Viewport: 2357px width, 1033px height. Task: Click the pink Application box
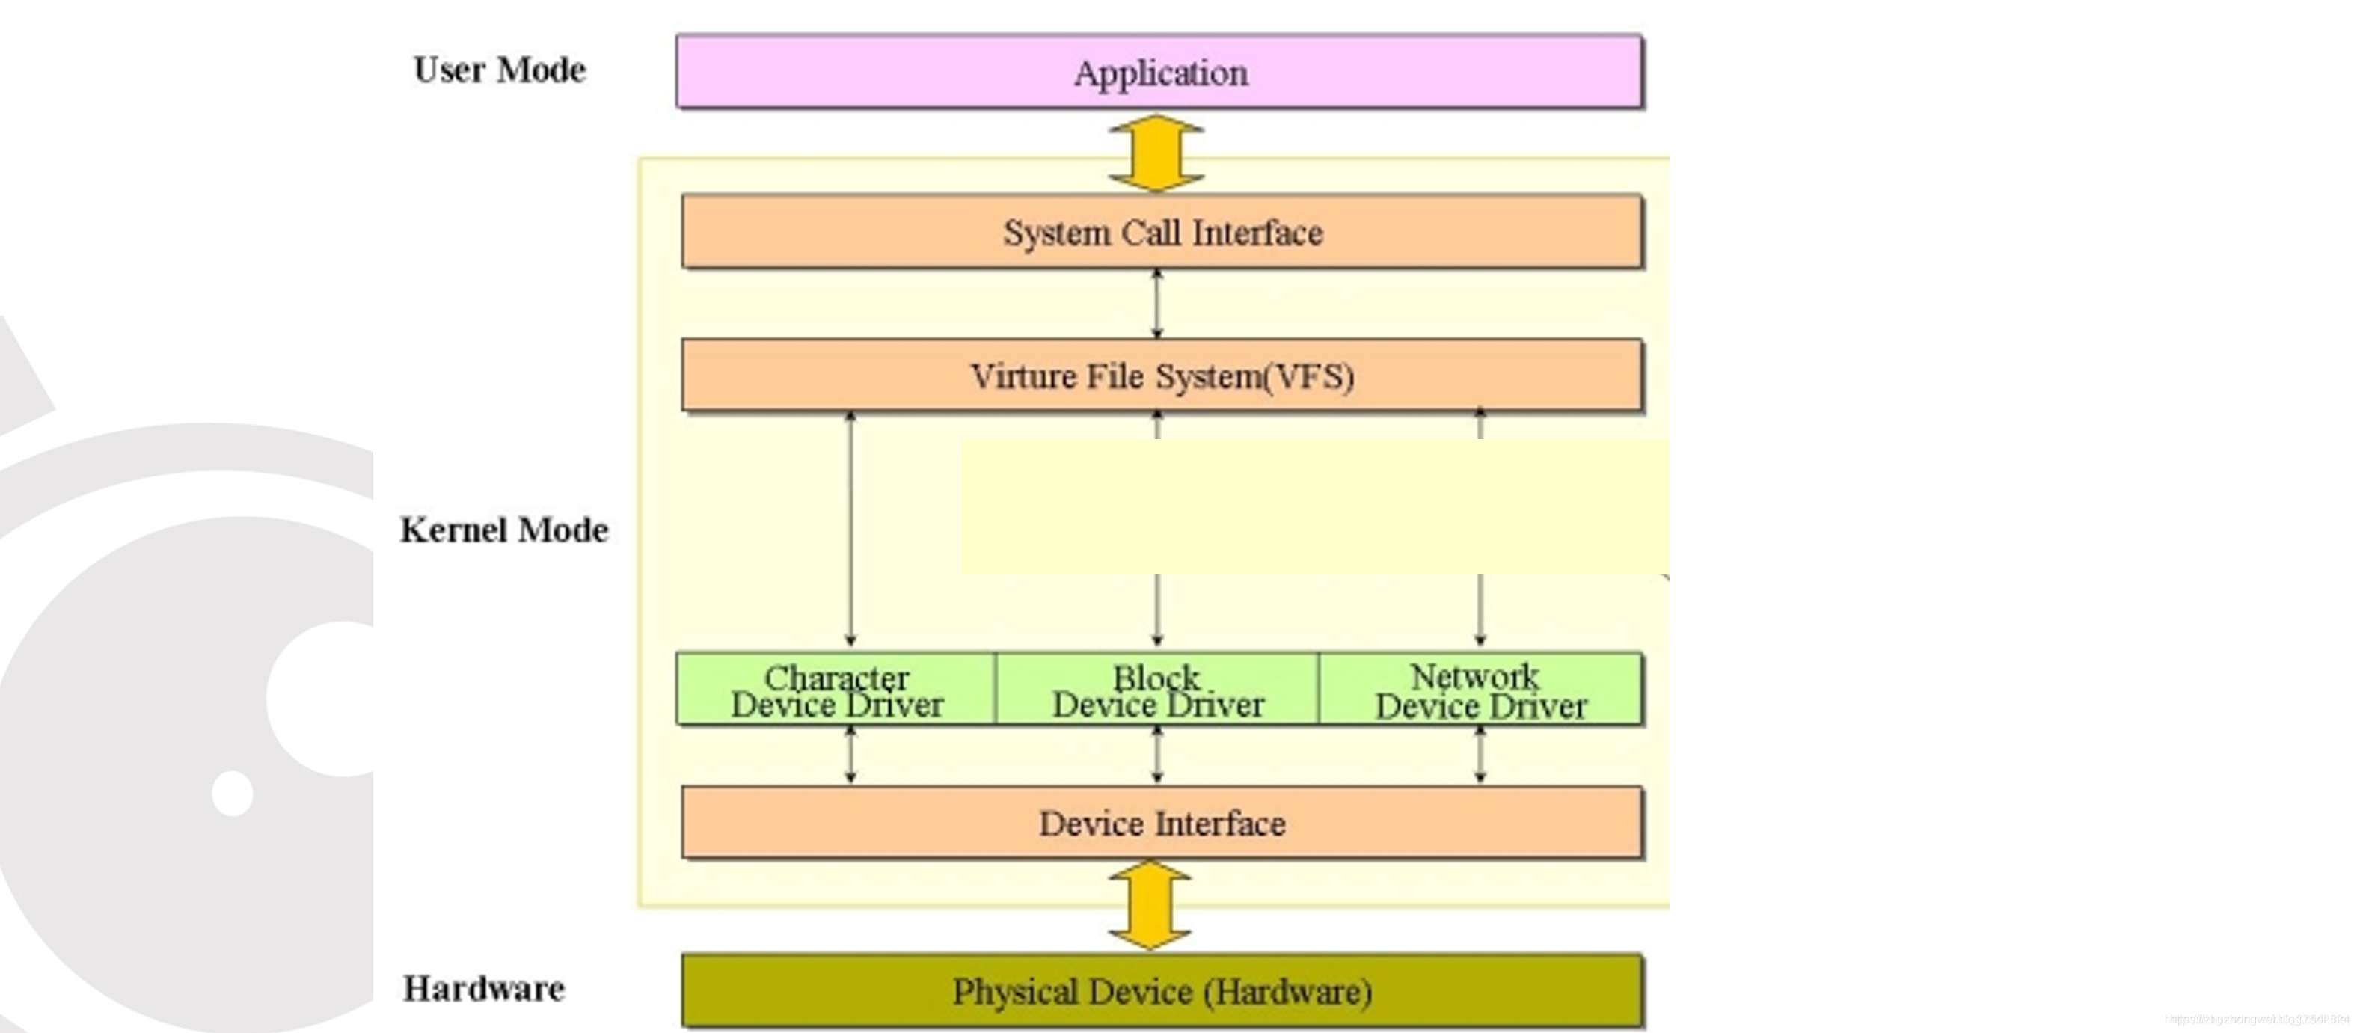pyautogui.click(x=1159, y=73)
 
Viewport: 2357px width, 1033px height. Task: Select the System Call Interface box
pyautogui.click(x=1162, y=231)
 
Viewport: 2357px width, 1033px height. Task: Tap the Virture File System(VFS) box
pyautogui.click(x=1162, y=376)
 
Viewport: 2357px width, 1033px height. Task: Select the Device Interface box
pyautogui.click(x=1162, y=824)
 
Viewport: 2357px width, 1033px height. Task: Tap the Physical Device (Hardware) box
pyautogui.click(x=1162, y=992)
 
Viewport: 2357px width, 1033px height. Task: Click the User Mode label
pyautogui.click(x=500, y=70)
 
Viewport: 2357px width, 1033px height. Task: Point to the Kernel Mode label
pyautogui.click(x=504, y=530)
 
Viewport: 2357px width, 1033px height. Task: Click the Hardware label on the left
pyautogui.click(x=484, y=988)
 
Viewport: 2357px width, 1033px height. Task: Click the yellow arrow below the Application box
pyautogui.click(x=1156, y=153)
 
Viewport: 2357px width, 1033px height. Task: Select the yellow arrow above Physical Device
pyautogui.click(x=1149, y=906)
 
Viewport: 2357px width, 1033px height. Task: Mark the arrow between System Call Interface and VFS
pyautogui.click(x=1157, y=304)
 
